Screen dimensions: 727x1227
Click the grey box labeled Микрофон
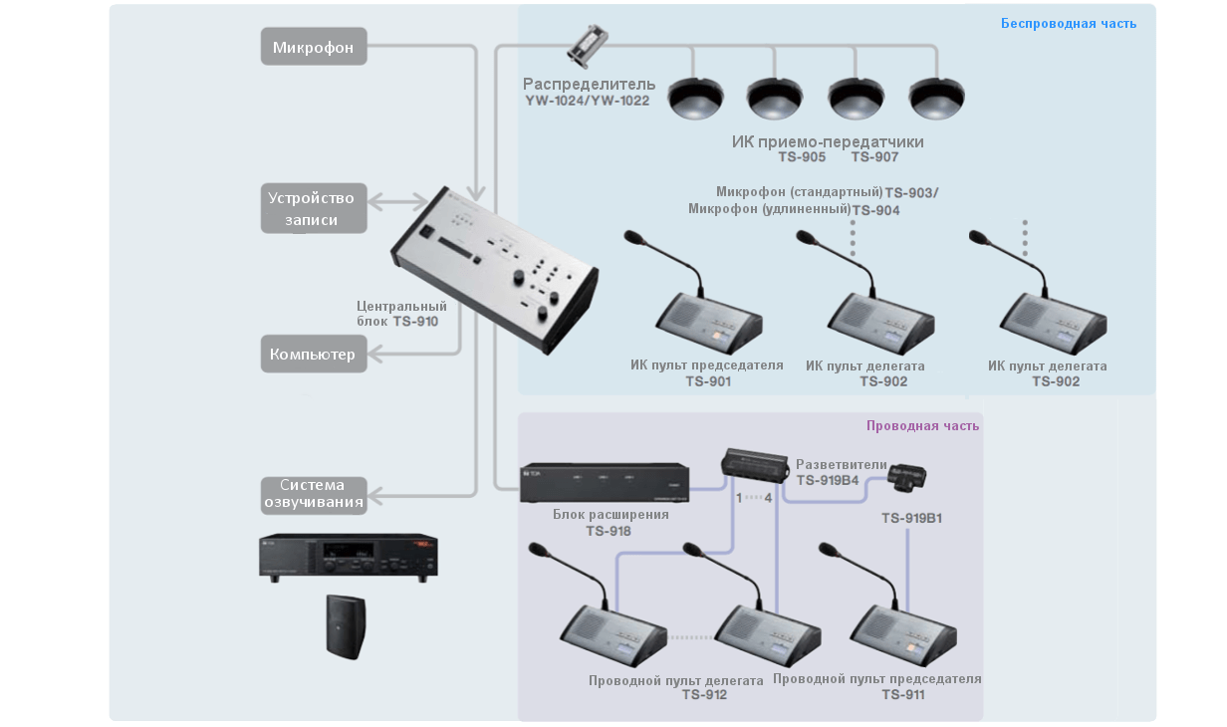314,47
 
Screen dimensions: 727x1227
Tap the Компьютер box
314,354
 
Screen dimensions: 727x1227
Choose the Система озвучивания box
314,494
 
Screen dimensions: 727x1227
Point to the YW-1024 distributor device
588,45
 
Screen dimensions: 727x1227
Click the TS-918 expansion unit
606,483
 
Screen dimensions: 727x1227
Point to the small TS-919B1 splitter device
907,477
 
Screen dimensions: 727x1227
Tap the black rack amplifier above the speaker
348,557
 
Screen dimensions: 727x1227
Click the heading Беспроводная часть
1068,23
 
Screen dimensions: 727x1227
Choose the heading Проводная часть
922,425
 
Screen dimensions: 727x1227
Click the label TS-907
874,157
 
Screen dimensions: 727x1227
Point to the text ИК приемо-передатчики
828,141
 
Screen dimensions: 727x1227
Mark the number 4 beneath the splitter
768,496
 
